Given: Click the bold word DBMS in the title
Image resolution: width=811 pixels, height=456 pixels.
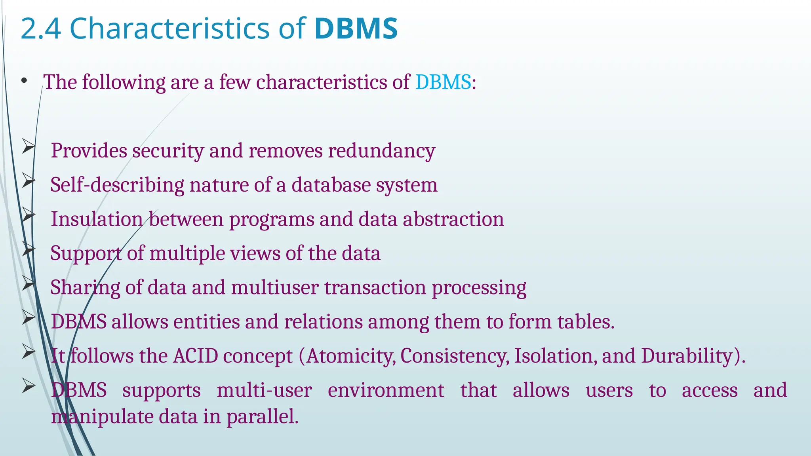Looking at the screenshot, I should click(x=356, y=28).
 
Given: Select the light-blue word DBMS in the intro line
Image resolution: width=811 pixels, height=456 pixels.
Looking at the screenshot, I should click(x=443, y=82).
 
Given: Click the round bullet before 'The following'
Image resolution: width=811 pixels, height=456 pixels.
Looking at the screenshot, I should click(x=25, y=81).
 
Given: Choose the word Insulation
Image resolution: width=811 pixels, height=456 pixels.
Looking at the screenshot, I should click(x=97, y=219).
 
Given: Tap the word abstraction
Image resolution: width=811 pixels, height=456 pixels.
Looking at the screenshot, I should click(x=453, y=219).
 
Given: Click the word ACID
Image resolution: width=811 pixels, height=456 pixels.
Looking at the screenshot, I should click(x=196, y=356).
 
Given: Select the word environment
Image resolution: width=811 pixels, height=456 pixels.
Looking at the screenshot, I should click(x=386, y=390).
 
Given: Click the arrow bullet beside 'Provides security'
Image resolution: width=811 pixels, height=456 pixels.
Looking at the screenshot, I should click(x=29, y=147).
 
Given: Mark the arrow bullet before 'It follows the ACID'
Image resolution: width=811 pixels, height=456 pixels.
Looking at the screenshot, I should click(x=29, y=352).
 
